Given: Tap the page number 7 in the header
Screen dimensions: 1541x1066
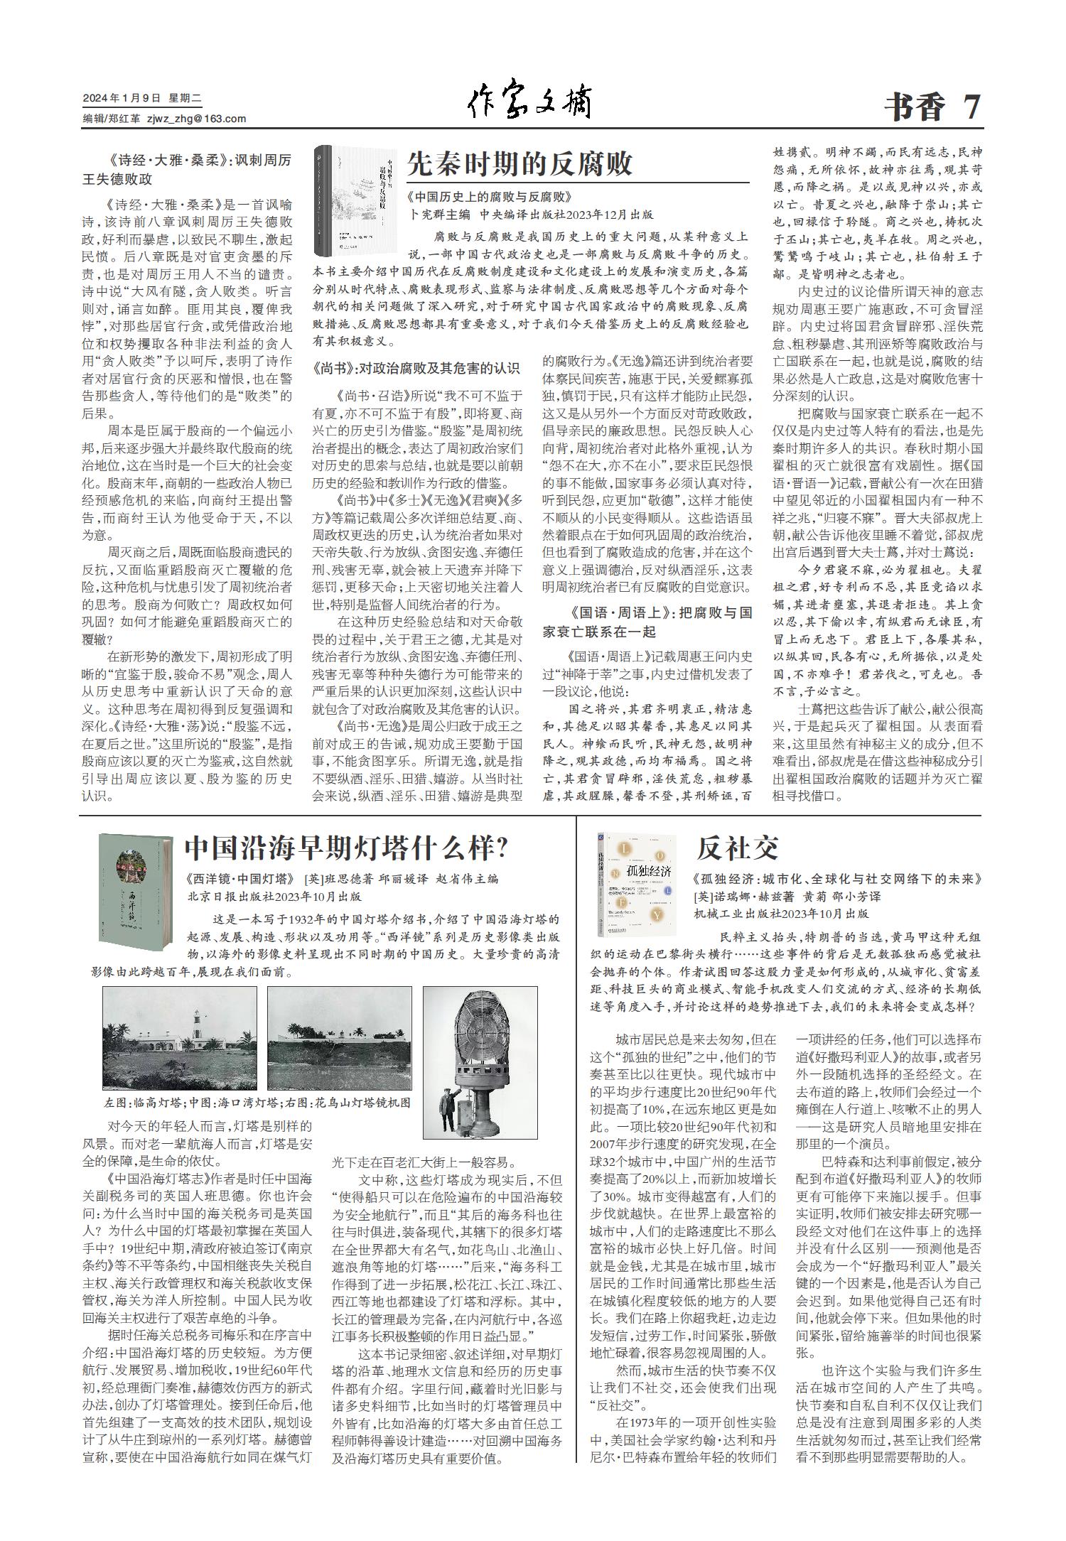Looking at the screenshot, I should (x=971, y=107).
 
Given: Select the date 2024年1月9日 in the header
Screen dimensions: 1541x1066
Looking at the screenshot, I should (x=123, y=99).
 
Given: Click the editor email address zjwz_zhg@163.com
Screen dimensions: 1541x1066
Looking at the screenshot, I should (x=196, y=119).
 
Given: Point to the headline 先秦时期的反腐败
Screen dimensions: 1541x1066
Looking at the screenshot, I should (x=519, y=164).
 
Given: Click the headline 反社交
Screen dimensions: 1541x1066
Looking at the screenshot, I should (x=737, y=848).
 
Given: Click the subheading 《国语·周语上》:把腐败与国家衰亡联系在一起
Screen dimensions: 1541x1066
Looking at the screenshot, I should (x=647, y=621).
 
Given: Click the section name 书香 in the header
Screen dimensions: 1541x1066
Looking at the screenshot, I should (x=916, y=108).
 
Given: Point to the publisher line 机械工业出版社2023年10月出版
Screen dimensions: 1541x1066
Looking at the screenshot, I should (x=781, y=914).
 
